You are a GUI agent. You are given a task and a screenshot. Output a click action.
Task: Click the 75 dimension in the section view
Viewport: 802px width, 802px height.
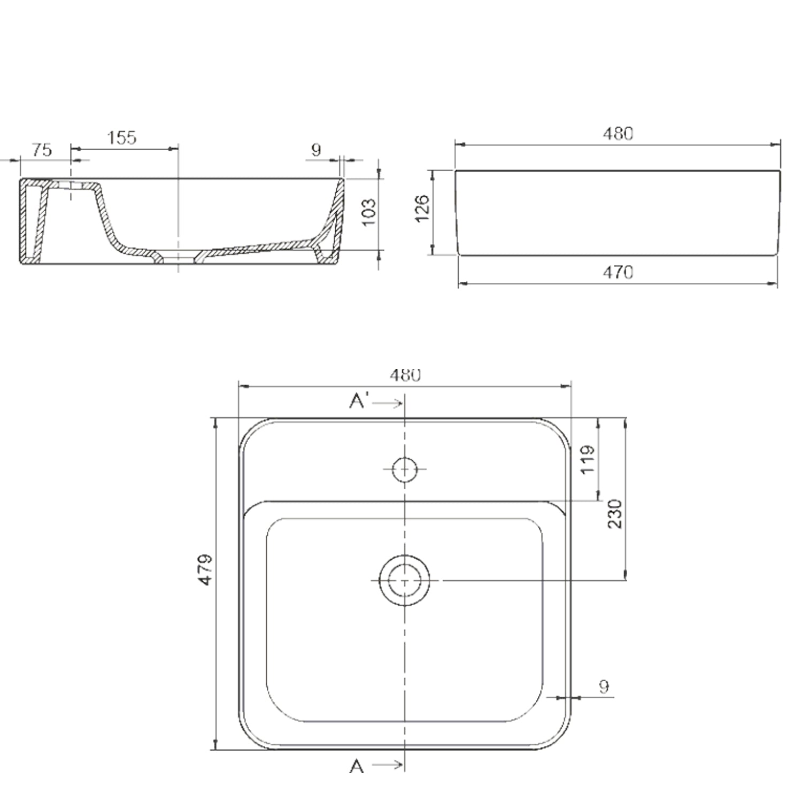click(42, 151)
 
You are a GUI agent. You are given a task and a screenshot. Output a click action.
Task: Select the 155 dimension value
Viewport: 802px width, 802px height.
click(122, 137)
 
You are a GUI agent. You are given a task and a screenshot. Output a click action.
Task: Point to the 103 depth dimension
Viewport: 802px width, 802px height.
click(369, 212)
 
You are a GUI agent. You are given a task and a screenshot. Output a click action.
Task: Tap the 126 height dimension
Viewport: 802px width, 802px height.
click(422, 209)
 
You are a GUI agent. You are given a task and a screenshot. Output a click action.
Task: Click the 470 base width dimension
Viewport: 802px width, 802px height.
click(618, 273)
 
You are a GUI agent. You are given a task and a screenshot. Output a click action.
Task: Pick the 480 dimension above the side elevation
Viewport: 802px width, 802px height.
click(618, 134)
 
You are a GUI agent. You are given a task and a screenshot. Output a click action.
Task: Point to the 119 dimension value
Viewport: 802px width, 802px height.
click(587, 459)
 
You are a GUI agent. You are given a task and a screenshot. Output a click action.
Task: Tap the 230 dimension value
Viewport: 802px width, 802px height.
click(615, 514)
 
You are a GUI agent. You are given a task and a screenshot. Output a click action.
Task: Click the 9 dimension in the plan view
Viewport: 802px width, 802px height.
click(604, 687)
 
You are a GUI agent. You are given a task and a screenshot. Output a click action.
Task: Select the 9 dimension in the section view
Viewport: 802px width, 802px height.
click(316, 150)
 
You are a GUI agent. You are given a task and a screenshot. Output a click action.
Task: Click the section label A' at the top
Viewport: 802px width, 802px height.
click(359, 401)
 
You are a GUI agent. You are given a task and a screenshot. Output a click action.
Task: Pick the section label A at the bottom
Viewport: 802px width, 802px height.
click(357, 767)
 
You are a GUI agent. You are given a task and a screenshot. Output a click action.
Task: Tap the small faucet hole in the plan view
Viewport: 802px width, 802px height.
click(405, 469)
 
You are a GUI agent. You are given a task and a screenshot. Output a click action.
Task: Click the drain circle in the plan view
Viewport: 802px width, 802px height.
click(405, 580)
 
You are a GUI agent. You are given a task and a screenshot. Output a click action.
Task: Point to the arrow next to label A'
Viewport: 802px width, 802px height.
click(388, 404)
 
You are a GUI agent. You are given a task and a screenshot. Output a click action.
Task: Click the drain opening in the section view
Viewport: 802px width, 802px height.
click(179, 257)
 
